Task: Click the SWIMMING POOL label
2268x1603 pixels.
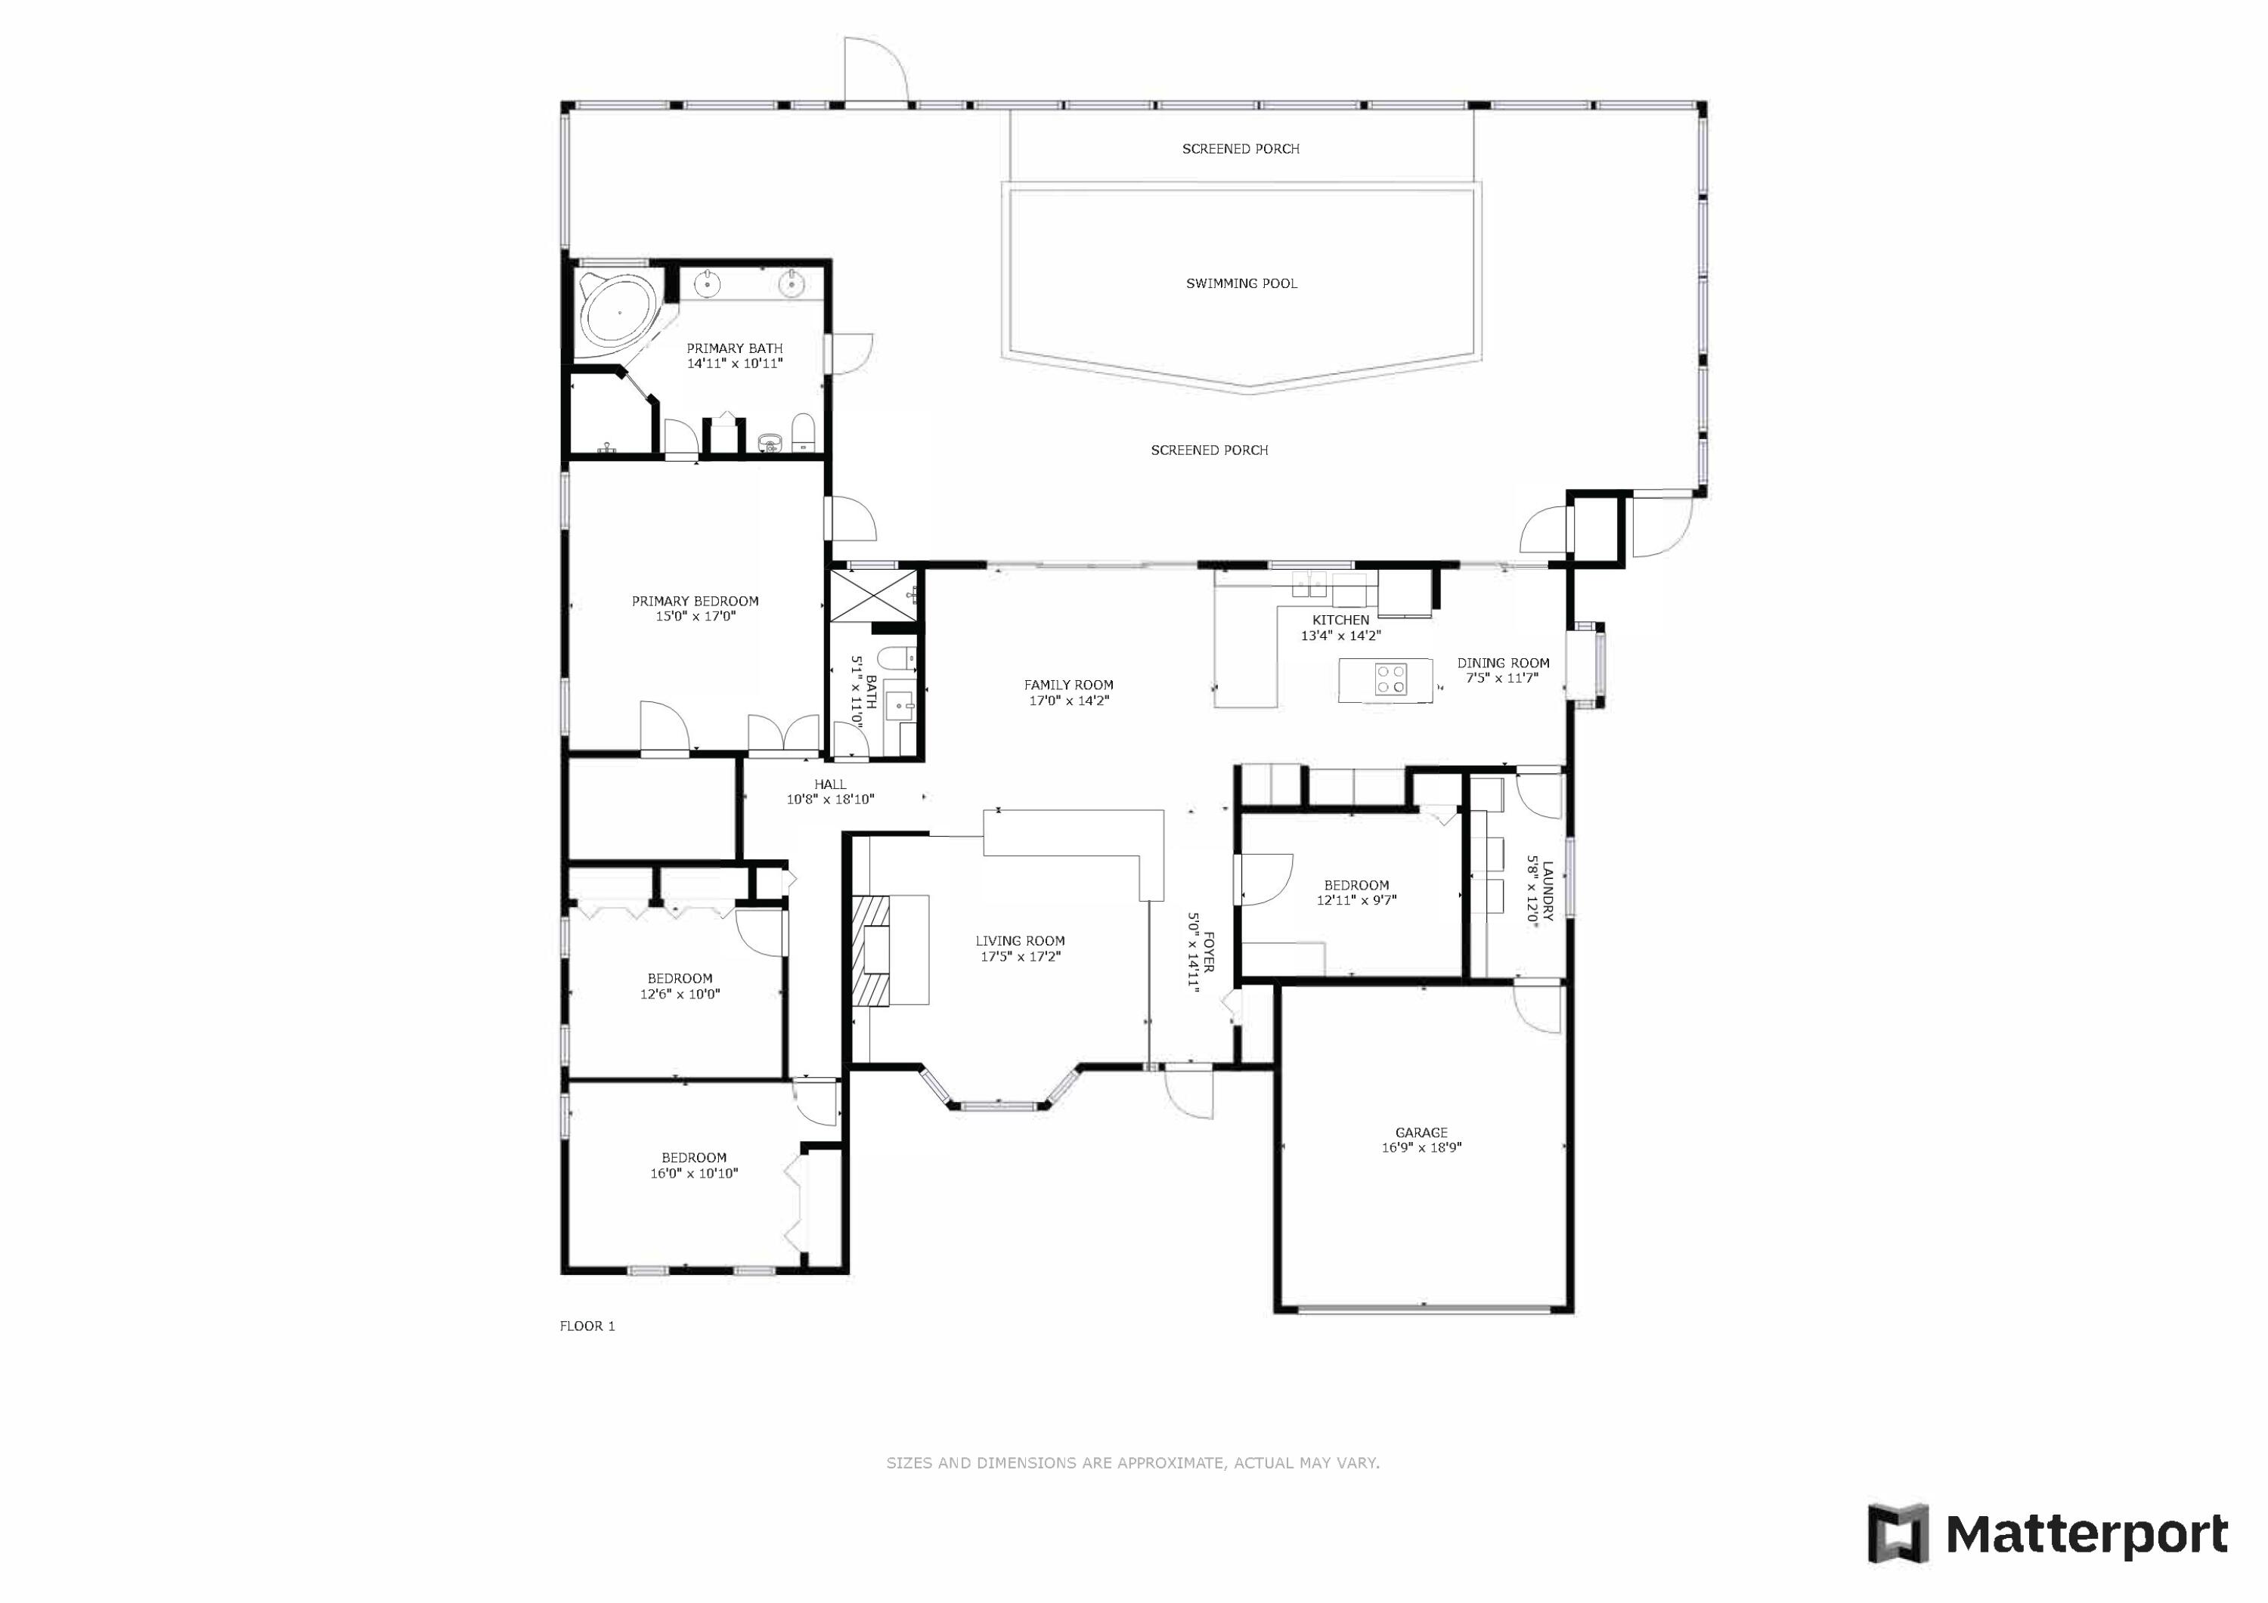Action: point(1241,283)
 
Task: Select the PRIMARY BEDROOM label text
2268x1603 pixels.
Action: point(696,601)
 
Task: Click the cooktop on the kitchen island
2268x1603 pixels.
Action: point(1391,680)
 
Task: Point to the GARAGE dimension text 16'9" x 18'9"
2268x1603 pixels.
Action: point(1421,1148)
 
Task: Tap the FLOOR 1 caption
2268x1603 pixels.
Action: point(587,1326)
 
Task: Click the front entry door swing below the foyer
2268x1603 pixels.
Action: point(1188,1092)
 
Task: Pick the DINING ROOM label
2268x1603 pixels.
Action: point(1504,663)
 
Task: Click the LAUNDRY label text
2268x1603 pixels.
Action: point(1548,891)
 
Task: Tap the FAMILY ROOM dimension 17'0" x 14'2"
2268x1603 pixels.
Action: point(1069,701)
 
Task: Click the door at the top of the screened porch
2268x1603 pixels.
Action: point(875,70)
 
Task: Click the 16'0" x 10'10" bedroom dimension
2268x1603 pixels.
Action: point(695,1174)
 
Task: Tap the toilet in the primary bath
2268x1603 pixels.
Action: point(803,434)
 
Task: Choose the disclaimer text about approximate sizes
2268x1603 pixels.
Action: point(1133,1462)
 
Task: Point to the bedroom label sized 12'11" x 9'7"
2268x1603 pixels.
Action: point(1356,885)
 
